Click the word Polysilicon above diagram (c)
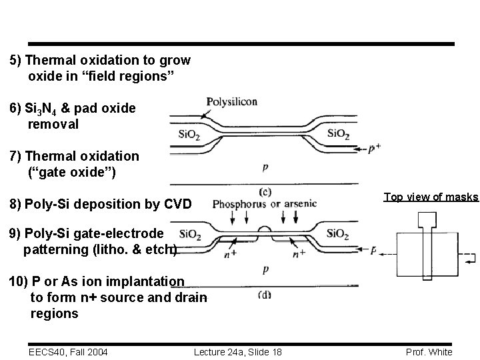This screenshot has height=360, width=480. pyautogui.click(x=232, y=102)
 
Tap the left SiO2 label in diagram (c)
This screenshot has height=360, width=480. pyautogui.click(x=189, y=133)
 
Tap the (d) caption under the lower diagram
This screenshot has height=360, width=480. pyautogui.click(x=265, y=295)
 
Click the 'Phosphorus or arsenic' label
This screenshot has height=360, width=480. pyautogui.click(x=264, y=203)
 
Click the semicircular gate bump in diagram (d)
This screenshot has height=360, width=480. pyautogui.click(x=264, y=231)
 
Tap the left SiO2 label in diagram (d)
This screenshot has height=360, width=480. pyautogui.click(x=189, y=233)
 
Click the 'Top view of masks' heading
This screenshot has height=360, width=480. pyautogui.click(x=430, y=197)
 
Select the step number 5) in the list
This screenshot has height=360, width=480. pyautogui.click(x=16, y=60)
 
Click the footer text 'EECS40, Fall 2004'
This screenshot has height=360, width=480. pyautogui.click(x=69, y=352)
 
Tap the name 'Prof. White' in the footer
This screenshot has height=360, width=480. pyautogui.click(x=429, y=352)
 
